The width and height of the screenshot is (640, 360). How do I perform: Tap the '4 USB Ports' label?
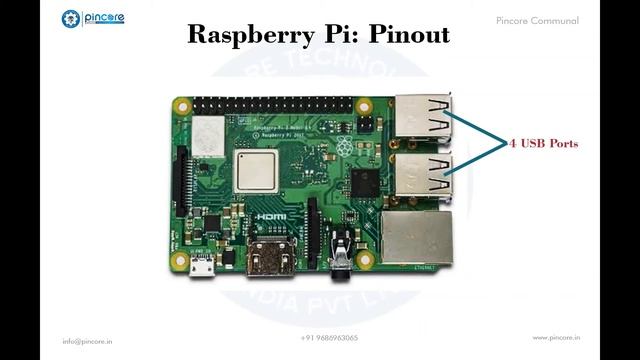click(544, 144)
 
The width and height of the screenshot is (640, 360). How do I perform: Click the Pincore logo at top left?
click(92, 19)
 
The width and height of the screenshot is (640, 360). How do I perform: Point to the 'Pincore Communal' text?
click(536, 20)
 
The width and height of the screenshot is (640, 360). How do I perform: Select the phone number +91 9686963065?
click(329, 338)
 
